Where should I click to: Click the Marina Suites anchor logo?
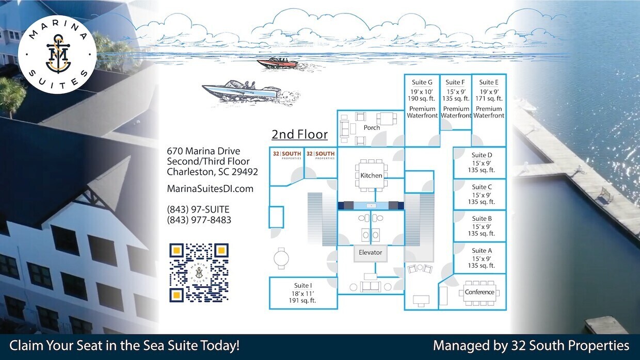[x=57, y=51]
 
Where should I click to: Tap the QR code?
[x=199, y=272]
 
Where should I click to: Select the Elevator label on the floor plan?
[x=371, y=253]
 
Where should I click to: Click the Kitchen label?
[x=371, y=175]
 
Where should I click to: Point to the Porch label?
[x=372, y=128]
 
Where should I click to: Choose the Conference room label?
[x=479, y=292]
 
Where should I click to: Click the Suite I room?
[x=303, y=293]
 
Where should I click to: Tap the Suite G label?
[x=422, y=83]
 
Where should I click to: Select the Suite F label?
[x=455, y=83]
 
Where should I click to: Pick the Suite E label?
[x=489, y=83]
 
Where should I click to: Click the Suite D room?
[x=482, y=162]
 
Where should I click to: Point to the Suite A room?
[x=482, y=258]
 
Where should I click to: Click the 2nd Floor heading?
[x=300, y=135]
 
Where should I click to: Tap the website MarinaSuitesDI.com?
[x=210, y=189]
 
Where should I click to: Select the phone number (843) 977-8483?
[x=199, y=220]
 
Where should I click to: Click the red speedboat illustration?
[x=277, y=63]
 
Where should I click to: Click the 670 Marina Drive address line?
[x=203, y=151]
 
